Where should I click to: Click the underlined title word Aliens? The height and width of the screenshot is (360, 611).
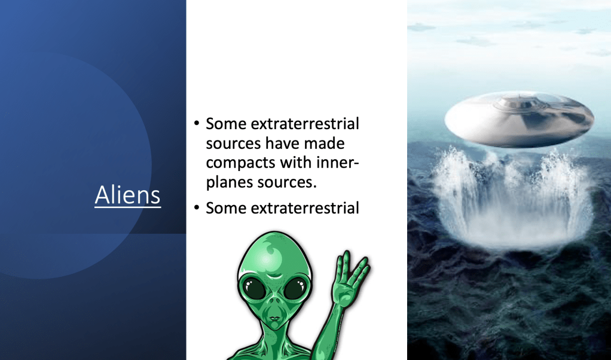128,195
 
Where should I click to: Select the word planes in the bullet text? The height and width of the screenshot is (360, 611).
230,182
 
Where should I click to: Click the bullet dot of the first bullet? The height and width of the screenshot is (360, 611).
196,124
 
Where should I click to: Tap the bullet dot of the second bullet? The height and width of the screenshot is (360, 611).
196,208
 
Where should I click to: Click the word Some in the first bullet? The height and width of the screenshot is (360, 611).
226,124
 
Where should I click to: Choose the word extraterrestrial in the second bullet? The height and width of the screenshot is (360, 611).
305,208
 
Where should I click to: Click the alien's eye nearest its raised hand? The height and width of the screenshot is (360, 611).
295,289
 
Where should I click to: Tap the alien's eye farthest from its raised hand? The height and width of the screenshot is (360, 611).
254,289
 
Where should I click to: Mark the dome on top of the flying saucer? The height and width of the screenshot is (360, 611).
521,100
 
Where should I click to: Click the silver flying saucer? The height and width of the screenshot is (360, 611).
519,119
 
